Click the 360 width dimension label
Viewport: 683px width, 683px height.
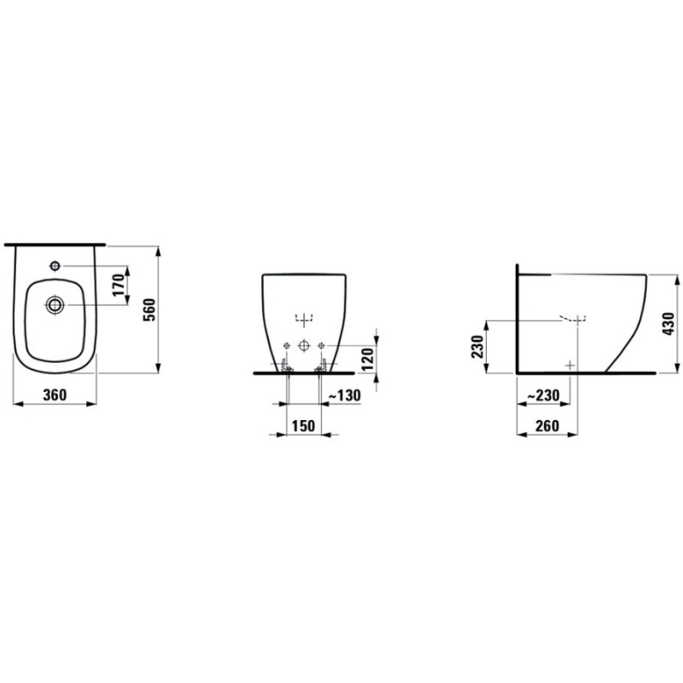click(55, 395)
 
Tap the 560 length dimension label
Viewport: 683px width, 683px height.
click(149, 310)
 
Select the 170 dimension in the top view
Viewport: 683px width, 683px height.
click(119, 285)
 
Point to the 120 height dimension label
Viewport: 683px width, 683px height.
click(368, 359)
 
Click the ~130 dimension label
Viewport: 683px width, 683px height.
click(344, 395)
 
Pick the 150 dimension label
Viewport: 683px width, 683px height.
click(303, 425)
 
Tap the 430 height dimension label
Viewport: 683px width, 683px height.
click(668, 324)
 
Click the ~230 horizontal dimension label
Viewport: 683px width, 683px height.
click(543, 395)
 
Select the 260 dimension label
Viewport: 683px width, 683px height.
click(547, 425)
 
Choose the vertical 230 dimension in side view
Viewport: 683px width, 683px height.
click(477, 347)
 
